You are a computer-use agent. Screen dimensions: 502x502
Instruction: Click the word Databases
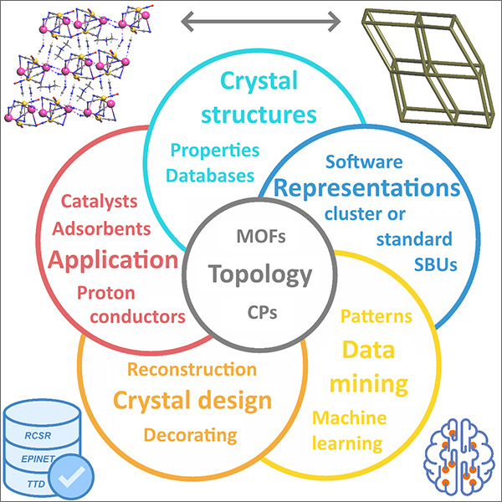(210, 176)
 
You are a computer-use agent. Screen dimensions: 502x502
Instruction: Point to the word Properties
(216, 151)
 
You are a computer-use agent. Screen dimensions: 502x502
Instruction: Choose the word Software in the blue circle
(364, 161)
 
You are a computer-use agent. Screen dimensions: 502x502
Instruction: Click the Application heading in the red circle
(113, 259)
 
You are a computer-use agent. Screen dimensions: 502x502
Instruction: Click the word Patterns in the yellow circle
(376, 317)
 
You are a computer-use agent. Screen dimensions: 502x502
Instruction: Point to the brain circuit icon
(457, 462)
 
